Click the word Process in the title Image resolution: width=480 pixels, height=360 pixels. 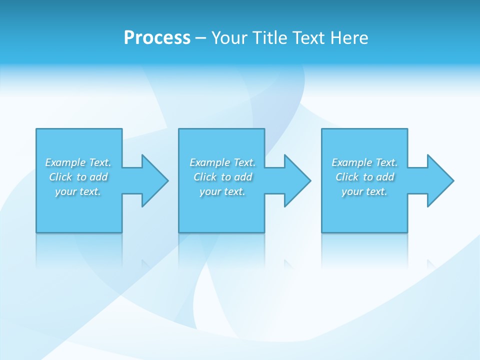point(157,38)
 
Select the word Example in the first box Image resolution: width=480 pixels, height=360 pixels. point(65,162)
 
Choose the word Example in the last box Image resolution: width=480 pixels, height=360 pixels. point(352,162)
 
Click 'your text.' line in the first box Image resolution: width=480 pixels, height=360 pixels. point(78,191)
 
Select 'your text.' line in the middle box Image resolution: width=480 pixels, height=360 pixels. point(222,191)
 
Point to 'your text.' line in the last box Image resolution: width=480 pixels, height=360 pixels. point(364,191)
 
